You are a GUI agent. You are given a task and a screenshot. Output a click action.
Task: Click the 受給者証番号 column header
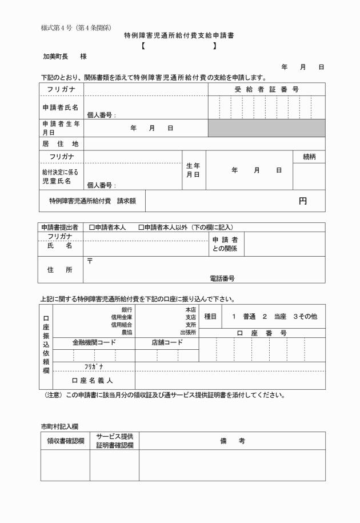click(266, 90)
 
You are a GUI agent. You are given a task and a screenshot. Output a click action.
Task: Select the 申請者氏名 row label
click(60, 107)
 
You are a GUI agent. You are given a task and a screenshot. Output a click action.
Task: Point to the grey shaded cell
click(266, 129)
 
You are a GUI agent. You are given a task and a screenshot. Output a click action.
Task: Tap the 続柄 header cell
click(309, 157)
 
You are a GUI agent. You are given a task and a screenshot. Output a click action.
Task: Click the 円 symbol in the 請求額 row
click(302, 201)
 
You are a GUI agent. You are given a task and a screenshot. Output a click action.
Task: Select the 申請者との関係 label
click(225, 245)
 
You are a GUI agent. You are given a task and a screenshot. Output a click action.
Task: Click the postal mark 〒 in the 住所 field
click(90, 261)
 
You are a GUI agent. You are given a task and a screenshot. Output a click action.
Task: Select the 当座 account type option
click(279, 316)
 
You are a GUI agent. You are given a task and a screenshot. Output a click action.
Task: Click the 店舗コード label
click(167, 342)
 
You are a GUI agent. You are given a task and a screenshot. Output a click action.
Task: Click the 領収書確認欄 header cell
click(66, 441)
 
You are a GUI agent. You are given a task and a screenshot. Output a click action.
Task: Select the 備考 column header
click(232, 441)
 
